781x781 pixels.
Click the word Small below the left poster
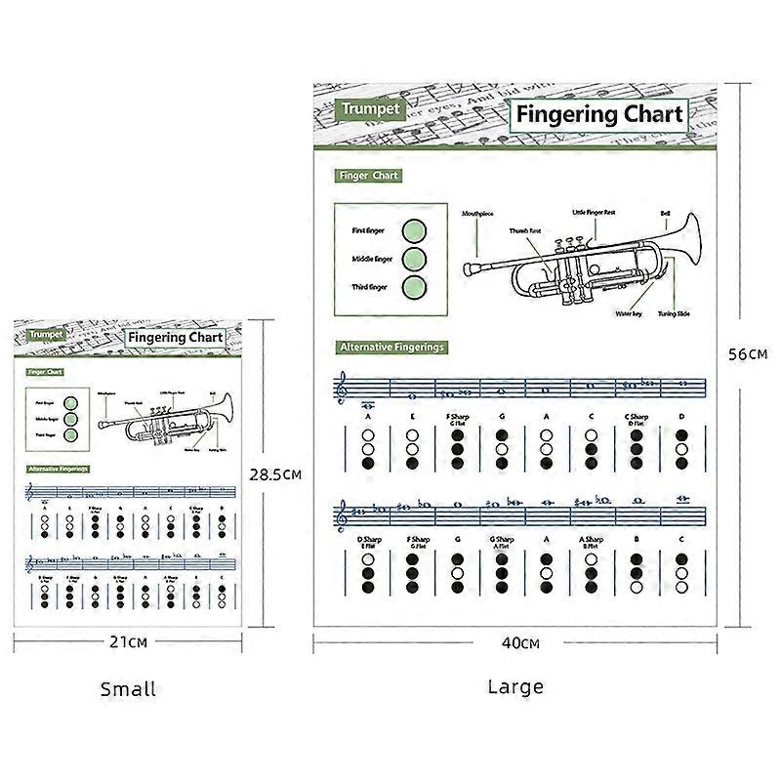(128, 689)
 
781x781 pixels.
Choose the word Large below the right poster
(515, 686)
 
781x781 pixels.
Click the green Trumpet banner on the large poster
(370, 109)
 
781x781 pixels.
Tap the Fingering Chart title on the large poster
(599, 114)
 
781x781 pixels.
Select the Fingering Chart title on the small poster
(176, 338)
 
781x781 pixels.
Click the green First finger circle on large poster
(414, 231)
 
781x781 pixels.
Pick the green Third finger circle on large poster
(414, 287)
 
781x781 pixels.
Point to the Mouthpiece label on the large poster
(478, 212)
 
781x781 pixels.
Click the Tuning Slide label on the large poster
(674, 314)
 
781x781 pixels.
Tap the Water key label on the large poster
(628, 314)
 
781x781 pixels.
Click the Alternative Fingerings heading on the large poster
(391, 347)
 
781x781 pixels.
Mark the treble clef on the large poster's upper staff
(341, 389)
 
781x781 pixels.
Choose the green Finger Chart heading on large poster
(368, 176)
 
